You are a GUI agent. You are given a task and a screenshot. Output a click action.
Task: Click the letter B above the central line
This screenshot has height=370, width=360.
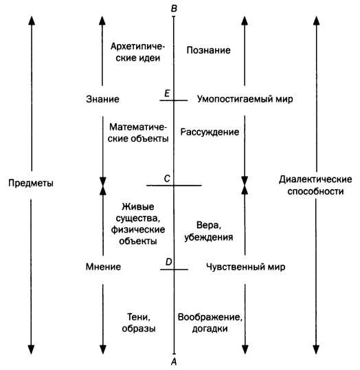pyautogui.click(x=174, y=8)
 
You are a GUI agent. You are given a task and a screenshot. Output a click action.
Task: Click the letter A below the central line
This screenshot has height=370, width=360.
pyautogui.click(x=174, y=362)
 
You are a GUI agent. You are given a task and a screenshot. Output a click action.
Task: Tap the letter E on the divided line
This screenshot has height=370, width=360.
pyautogui.click(x=167, y=94)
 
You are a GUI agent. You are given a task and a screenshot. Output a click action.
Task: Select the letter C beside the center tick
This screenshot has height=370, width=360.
pyautogui.click(x=167, y=179)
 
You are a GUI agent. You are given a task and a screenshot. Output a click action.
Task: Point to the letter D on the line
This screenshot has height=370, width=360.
pyautogui.click(x=168, y=262)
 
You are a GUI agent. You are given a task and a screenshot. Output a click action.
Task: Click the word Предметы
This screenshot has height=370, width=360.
pyautogui.click(x=31, y=183)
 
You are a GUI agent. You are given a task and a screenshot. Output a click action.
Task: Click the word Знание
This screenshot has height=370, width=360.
pyautogui.click(x=102, y=99)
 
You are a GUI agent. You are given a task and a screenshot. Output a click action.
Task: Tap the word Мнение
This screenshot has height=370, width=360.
pyautogui.click(x=103, y=267)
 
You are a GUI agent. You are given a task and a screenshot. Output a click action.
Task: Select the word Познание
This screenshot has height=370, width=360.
pyautogui.click(x=208, y=50)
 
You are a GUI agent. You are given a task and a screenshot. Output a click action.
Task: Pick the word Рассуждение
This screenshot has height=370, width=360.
pyautogui.click(x=210, y=132)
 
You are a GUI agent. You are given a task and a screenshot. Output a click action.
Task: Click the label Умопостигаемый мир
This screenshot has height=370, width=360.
pyautogui.click(x=245, y=99)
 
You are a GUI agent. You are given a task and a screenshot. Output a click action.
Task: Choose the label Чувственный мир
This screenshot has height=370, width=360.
pyautogui.click(x=246, y=267)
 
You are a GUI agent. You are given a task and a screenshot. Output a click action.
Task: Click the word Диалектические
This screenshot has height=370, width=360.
pyautogui.click(x=315, y=179)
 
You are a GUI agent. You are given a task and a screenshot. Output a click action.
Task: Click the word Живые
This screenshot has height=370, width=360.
pyautogui.click(x=138, y=207)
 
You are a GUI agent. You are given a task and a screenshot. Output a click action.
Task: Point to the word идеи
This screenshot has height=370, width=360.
pyautogui.click(x=148, y=58)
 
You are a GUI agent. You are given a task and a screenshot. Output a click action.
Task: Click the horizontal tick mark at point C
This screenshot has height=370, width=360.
pyautogui.click(x=174, y=186)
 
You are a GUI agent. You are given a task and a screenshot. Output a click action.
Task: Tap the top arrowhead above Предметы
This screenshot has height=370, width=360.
pyautogui.click(x=32, y=21)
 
